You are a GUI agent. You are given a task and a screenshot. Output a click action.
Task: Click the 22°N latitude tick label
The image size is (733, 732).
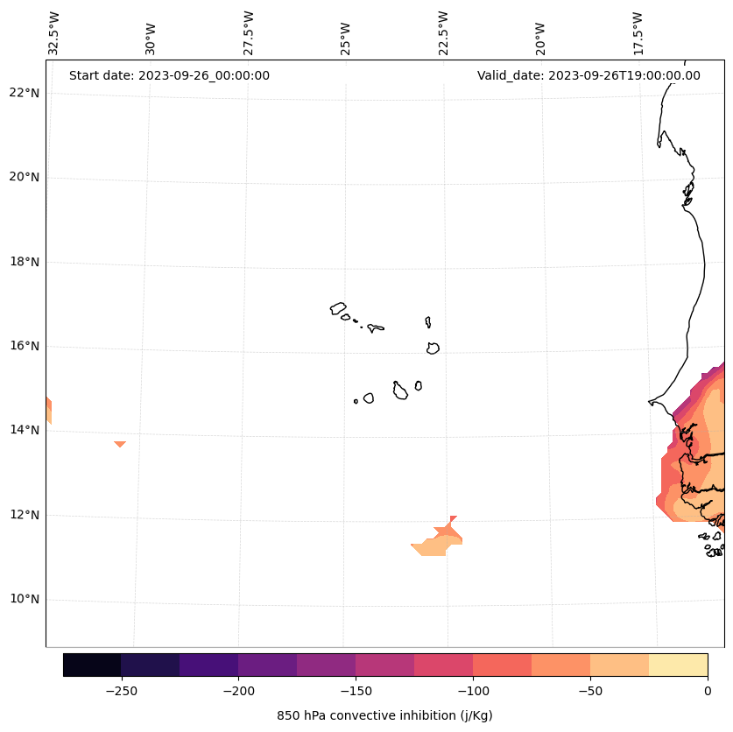(25, 93)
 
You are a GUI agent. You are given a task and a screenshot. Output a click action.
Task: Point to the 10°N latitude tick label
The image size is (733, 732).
(25, 600)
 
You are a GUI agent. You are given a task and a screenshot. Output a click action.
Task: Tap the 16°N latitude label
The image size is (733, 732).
(25, 346)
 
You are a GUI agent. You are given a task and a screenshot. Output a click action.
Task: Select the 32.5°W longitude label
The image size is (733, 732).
(54, 33)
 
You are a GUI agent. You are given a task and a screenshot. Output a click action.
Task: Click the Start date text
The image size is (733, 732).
(169, 75)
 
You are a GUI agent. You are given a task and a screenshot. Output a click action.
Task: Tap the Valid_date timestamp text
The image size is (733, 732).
(589, 75)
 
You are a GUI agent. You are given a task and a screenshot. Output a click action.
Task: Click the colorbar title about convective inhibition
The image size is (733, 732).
(384, 715)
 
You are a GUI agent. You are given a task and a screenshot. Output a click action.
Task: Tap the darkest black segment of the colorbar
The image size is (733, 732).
(92, 665)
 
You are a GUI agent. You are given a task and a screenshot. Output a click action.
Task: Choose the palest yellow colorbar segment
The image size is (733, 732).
(678, 665)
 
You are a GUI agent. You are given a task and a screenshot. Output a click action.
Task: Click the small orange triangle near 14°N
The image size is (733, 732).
(120, 444)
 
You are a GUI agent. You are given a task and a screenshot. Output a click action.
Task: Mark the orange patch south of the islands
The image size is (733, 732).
(435, 545)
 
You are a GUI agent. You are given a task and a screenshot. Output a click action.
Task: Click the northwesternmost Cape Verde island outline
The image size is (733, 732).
(338, 308)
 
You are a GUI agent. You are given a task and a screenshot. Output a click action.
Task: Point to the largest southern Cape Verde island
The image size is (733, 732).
(400, 391)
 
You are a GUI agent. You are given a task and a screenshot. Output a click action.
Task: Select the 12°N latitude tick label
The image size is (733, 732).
(25, 515)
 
